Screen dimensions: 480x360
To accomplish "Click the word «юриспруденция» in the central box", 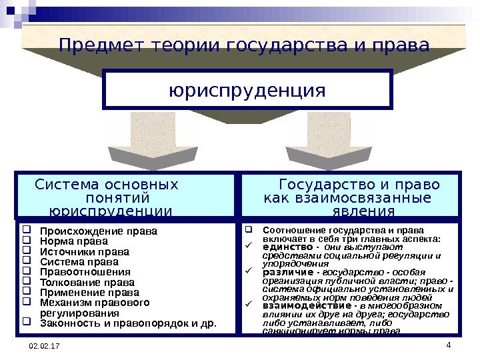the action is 248,89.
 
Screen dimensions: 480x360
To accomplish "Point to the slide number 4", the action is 448,345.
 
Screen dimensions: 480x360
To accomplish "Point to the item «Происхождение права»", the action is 99,232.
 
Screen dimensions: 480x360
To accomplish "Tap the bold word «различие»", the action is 288,273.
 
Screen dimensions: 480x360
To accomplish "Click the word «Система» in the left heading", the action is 65,184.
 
